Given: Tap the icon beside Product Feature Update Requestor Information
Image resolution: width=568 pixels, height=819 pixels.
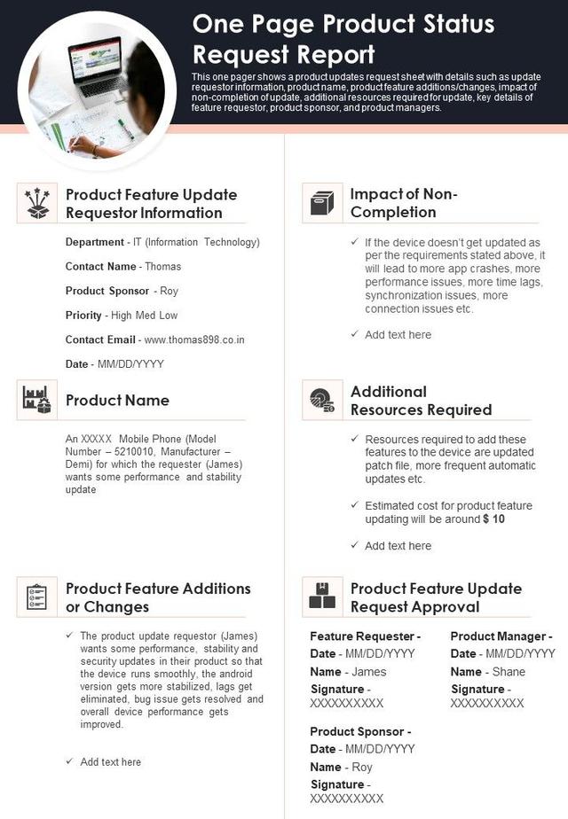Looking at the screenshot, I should (x=37, y=203).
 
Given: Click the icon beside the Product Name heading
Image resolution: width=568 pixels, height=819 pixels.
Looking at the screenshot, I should (x=37, y=400).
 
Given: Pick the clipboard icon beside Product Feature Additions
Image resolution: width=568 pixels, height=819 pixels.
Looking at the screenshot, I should (x=37, y=597).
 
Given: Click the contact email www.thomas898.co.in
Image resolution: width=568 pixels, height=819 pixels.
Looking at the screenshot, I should (x=194, y=339).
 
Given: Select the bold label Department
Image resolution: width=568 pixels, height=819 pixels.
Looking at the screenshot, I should (x=94, y=242).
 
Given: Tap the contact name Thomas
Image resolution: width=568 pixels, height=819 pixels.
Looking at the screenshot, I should (x=162, y=266).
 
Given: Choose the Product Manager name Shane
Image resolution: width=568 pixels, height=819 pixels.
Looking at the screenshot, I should (x=509, y=672).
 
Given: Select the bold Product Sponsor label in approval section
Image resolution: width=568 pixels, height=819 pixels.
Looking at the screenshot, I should (x=360, y=731).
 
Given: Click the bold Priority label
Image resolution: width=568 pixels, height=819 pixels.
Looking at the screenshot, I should (x=83, y=315).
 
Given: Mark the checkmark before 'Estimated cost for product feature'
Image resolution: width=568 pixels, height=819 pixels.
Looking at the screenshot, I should (x=355, y=505).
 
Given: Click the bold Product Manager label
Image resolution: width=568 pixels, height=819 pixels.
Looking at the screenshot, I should (x=501, y=636).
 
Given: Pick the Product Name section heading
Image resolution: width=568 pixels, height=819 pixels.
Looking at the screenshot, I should (x=117, y=401).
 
